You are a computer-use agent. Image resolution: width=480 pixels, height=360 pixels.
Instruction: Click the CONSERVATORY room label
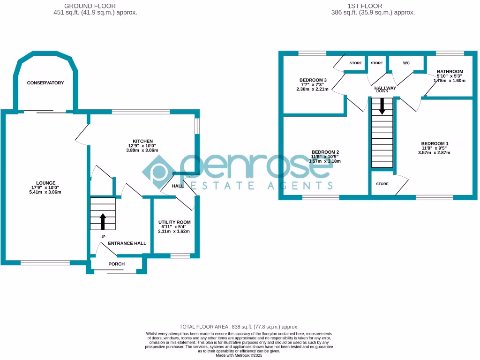tap(45, 83)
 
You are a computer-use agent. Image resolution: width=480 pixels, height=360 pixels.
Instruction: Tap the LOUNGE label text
tap(46, 183)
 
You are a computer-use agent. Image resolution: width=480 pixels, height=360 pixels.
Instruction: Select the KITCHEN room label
tap(143, 141)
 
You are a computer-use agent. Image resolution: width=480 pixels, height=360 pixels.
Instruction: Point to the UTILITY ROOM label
tap(174, 222)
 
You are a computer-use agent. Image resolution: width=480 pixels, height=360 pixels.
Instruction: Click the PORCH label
tap(117, 264)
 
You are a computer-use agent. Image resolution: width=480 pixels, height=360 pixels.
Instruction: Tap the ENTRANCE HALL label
tap(127, 243)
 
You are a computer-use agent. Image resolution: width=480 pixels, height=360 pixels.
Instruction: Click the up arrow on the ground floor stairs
tap(102, 221)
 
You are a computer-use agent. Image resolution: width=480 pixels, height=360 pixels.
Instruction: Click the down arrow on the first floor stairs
tap(382, 106)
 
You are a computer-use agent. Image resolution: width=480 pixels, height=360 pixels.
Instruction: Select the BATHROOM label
tap(450, 71)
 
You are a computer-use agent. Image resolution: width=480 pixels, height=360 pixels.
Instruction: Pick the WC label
tap(406, 63)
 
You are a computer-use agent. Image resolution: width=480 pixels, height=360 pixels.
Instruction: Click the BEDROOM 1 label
tap(435, 143)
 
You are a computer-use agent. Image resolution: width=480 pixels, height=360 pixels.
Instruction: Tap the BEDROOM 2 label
tap(325, 152)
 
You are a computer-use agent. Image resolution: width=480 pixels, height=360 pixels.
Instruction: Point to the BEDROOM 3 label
tap(313, 80)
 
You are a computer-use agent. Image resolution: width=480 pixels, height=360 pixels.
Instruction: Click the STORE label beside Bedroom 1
tap(382, 184)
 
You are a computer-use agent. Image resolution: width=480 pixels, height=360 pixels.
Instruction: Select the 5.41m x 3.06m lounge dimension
tap(46, 192)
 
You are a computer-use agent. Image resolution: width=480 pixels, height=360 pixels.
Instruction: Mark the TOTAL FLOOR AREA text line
tap(239, 327)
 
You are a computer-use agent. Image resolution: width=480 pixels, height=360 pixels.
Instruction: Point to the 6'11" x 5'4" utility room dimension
tap(174, 227)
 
